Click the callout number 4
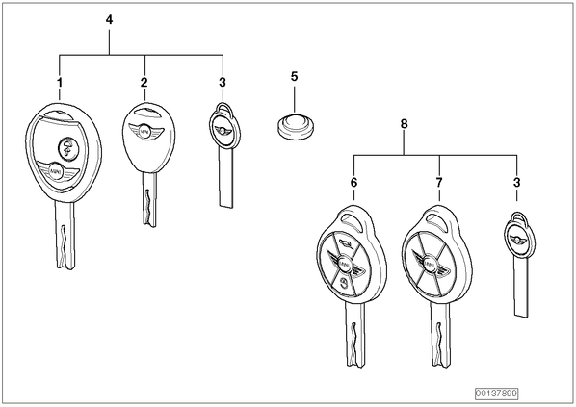pyautogui.click(x=109, y=20)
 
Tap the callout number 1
pyautogui.click(x=60, y=83)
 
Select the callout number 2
pyautogui.click(x=144, y=83)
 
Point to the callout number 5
pyautogui.click(x=294, y=77)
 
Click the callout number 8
pyautogui.click(x=404, y=124)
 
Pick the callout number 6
pyautogui.click(x=353, y=183)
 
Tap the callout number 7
pyautogui.click(x=439, y=183)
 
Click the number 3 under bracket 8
pyautogui.click(x=517, y=183)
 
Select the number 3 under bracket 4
pyautogui.click(x=223, y=83)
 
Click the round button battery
pyautogui.click(x=296, y=127)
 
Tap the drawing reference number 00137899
pyautogui.click(x=496, y=394)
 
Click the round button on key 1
pyautogui.click(x=67, y=147)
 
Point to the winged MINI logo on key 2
pyautogui.click(x=145, y=131)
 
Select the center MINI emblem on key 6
pyautogui.click(x=344, y=263)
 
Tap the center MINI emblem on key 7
pyautogui.click(x=429, y=264)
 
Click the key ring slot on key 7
pyautogui.click(x=438, y=219)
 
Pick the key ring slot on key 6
pyautogui.click(x=352, y=219)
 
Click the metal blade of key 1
pyautogui.click(x=65, y=235)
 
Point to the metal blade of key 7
pyautogui.click(x=440, y=334)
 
